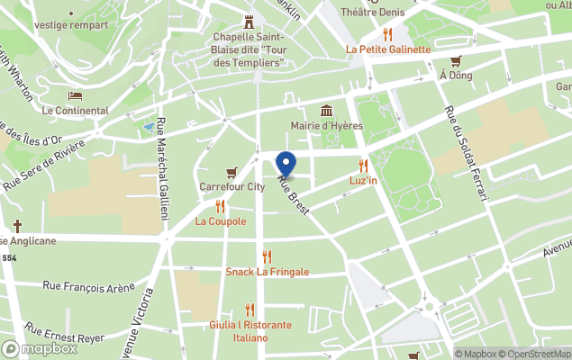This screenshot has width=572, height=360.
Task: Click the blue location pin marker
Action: [x=286, y=165]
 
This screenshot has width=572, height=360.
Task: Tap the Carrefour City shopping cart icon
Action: [x=232, y=172]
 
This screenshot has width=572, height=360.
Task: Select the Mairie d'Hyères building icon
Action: [x=326, y=111]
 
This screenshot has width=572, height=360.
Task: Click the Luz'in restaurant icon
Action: [x=364, y=166]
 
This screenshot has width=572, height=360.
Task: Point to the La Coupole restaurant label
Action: [x=221, y=221]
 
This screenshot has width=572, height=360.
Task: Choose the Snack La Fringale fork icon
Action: [x=267, y=256]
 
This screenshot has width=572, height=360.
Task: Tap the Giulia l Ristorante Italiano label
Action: [x=250, y=331]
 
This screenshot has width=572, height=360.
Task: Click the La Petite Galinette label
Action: [x=388, y=49]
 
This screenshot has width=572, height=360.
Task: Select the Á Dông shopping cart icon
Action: [x=456, y=61]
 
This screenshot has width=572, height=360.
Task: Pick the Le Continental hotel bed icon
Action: [x=75, y=95]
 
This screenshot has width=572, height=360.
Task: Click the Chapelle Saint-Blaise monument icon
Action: [x=249, y=22]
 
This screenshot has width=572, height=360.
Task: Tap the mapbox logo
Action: [x=40, y=348]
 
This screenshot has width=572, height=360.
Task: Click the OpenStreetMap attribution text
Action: [x=537, y=354]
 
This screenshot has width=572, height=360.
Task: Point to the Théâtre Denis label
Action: [x=370, y=13]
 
